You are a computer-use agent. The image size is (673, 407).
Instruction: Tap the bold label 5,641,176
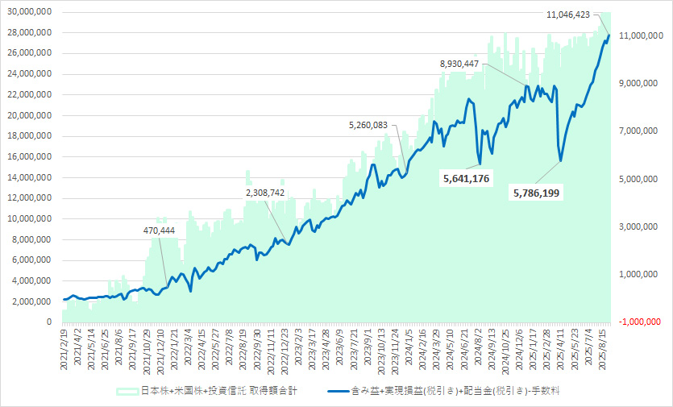467,178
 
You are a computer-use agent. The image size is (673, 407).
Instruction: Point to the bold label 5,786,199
537,193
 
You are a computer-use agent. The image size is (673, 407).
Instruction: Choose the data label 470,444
157,230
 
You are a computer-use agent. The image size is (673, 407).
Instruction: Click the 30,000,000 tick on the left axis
28,12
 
